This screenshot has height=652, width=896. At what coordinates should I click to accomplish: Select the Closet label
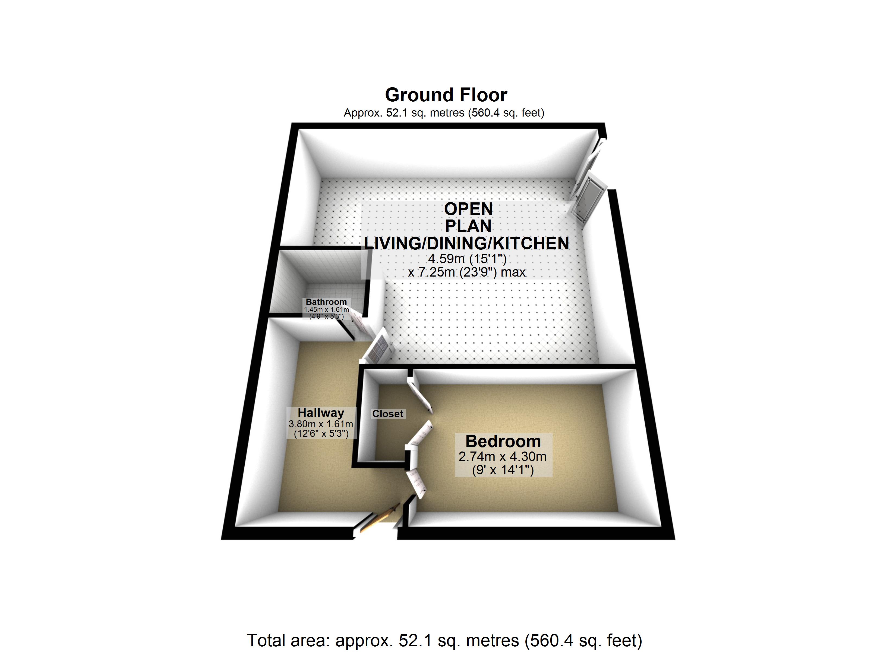click(387, 414)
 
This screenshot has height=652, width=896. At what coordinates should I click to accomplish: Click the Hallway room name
click(321, 413)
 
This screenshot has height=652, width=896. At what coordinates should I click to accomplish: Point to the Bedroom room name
click(503, 441)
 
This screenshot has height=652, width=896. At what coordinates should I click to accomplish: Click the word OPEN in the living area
click(469, 209)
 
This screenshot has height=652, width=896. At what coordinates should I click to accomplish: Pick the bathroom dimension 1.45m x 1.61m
click(326, 310)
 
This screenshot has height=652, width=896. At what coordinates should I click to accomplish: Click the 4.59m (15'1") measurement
click(467, 259)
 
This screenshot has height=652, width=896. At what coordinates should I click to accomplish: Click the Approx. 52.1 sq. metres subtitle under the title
click(444, 113)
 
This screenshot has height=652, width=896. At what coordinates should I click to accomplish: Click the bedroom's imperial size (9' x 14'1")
click(503, 470)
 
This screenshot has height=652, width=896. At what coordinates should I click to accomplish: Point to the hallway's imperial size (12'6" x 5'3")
click(321, 434)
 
